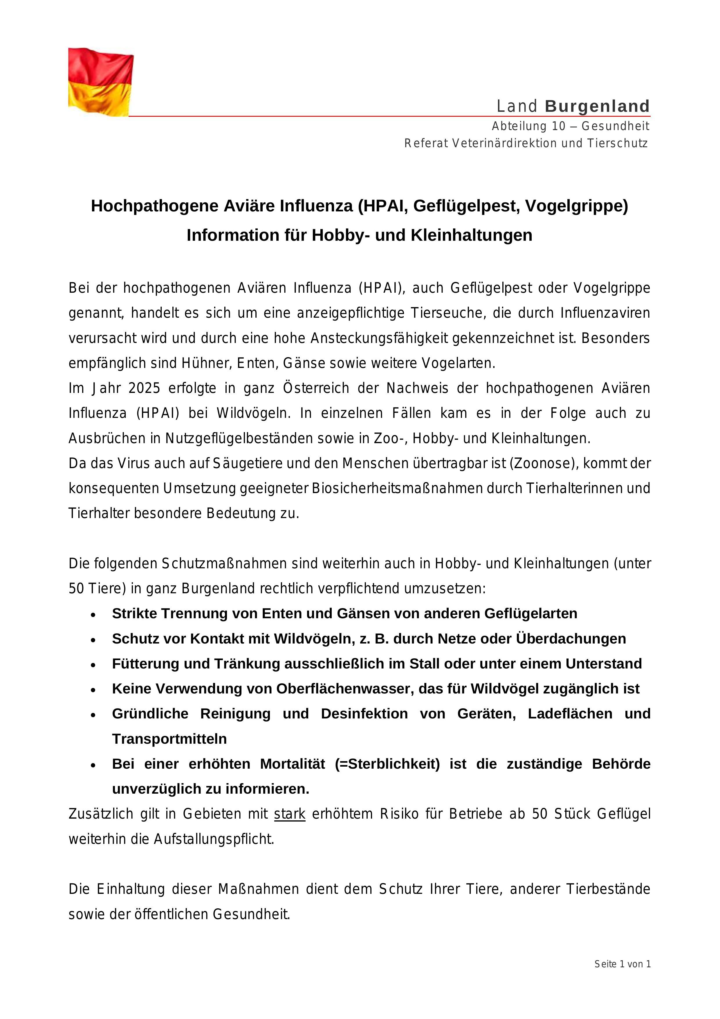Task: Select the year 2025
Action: [144, 388]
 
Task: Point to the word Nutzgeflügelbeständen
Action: [239, 438]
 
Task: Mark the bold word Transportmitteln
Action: [169, 739]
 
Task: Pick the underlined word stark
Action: [290, 814]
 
